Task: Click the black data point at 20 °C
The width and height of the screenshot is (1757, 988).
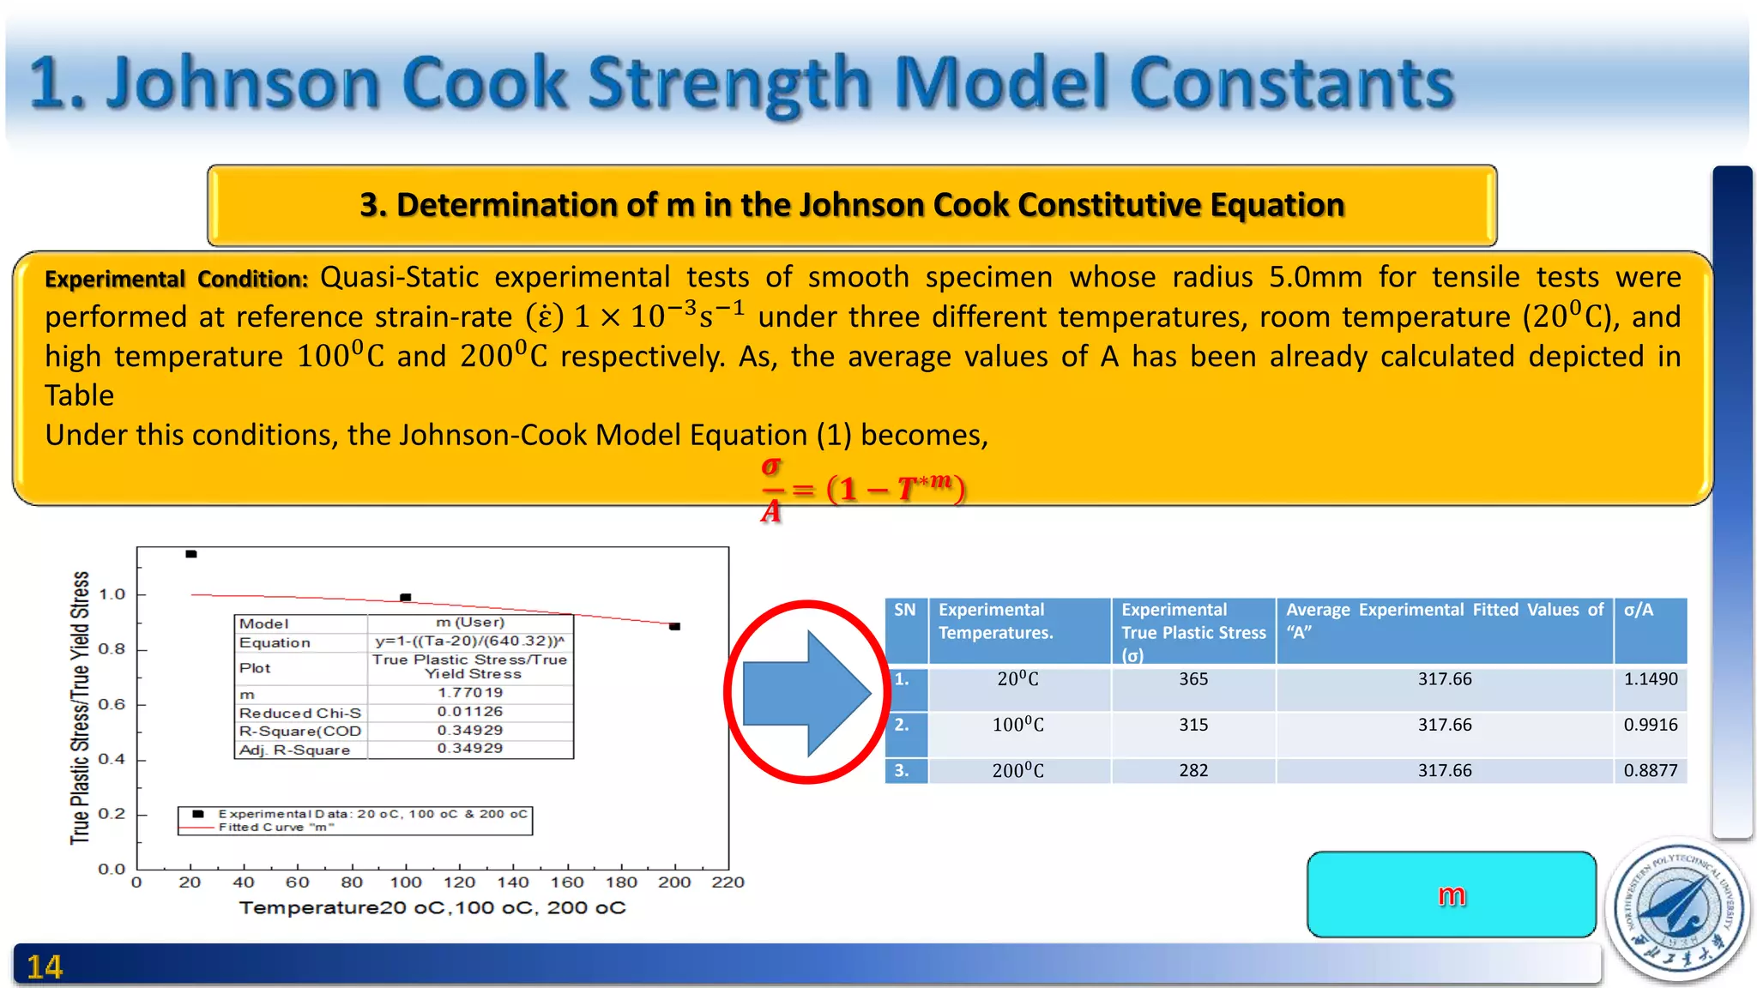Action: (191, 554)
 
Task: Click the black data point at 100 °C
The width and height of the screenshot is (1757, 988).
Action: (406, 597)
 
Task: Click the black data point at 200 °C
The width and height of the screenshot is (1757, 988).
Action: (674, 626)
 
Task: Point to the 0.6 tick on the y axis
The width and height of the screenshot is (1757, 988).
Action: (112, 704)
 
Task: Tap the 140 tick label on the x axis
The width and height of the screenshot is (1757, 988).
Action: (513, 882)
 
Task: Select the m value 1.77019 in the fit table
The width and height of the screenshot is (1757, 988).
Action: (470, 692)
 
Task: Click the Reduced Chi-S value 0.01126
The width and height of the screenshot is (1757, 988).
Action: (470, 711)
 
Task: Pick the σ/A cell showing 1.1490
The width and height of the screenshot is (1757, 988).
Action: (1650, 679)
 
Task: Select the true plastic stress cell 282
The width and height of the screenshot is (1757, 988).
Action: (1192, 770)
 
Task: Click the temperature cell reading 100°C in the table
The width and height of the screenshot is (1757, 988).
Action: (1018, 725)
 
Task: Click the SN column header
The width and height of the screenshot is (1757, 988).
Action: (905, 610)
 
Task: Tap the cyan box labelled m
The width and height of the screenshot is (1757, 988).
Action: (1451, 895)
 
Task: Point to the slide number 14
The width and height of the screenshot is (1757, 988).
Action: (45, 967)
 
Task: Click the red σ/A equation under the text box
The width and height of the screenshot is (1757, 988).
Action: (862, 490)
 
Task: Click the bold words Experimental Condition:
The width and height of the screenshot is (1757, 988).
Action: (176, 280)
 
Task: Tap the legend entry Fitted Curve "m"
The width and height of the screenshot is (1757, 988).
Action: (275, 828)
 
